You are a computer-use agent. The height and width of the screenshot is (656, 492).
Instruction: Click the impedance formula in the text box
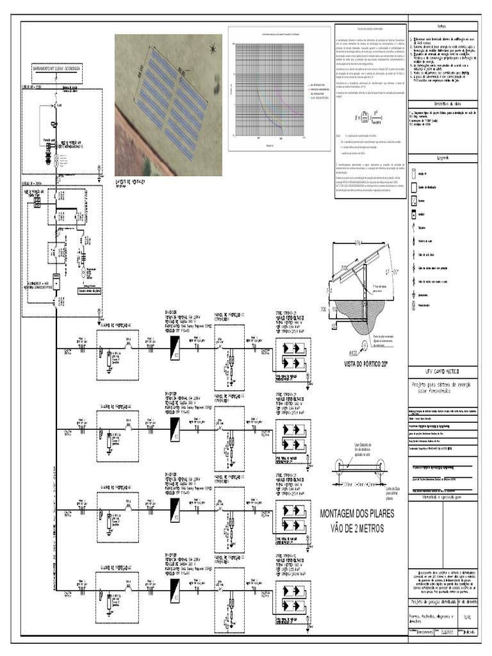(x=369, y=118)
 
